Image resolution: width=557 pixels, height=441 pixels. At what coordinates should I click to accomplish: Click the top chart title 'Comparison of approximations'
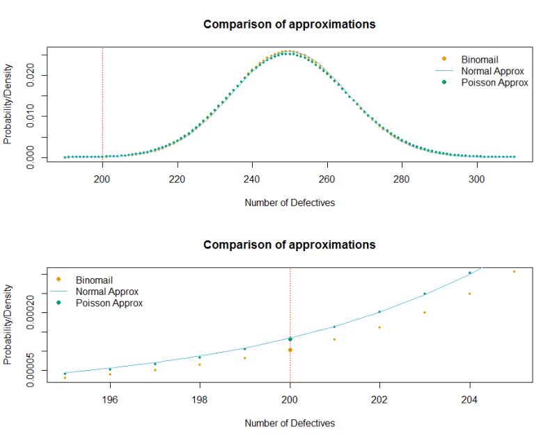(289, 24)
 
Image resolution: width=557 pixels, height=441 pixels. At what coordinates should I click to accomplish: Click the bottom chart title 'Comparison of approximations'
(289, 245)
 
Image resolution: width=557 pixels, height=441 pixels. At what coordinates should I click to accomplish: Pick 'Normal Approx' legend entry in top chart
(492, 71)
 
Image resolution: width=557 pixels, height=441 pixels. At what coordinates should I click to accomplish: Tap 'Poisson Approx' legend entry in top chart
(494, 82)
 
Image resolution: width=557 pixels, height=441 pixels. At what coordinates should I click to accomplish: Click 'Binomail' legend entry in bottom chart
(94, 280)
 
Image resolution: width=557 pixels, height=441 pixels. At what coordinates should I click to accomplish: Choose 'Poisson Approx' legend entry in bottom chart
(109, 303)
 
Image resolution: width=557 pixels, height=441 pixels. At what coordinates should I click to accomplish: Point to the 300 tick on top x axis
(477, 177)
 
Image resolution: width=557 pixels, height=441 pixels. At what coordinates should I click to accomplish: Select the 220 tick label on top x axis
(178, 177)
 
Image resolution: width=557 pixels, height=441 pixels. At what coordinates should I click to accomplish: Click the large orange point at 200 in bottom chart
(290, 350)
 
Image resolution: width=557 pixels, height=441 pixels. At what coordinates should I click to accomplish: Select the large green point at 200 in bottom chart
(290, 339)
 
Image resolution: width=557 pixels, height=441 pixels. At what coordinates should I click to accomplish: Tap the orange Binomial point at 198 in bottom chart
(199, 364)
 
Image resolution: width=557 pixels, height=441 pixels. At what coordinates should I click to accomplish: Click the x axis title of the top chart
(289, 203)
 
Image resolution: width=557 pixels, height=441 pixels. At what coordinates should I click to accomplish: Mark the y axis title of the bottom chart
(8, 327)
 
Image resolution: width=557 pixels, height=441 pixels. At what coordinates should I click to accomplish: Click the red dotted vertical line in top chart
(103, 104)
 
